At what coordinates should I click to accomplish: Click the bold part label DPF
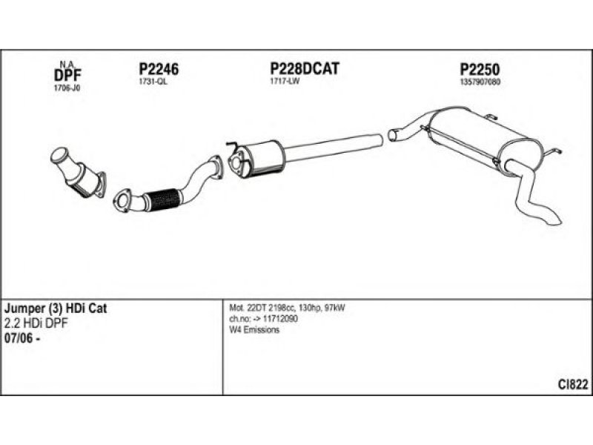(67, 74)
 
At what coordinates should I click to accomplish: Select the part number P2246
(159, 69)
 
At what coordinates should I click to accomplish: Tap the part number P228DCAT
(304, 69)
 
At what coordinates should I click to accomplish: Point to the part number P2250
(480, 69)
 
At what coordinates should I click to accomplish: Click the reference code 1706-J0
(66, 88)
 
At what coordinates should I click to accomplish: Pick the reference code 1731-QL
(153, 82)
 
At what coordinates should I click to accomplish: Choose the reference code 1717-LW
(284, 82)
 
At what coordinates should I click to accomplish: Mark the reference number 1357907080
(480, 82)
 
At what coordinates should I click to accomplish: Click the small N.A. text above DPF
(66, 63)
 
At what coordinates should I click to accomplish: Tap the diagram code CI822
(573, 383)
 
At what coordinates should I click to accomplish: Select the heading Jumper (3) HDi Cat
(56, 308)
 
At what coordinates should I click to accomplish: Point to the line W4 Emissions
(255, 330)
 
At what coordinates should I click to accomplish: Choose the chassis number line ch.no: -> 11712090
(263, 319)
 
